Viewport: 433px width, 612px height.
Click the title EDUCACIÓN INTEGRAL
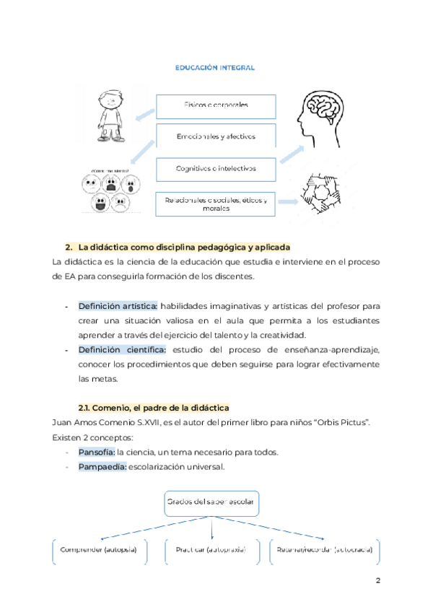click(214, 67)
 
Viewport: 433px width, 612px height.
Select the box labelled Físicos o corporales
click(216, 106)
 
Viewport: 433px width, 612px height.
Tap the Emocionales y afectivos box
click(216, 136)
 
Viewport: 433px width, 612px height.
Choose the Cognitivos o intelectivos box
click(216, 168)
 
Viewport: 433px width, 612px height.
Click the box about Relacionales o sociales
click(216, 204)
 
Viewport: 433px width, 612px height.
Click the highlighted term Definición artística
click(118, 306)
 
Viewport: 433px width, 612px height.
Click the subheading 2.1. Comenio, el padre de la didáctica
click(153, 408)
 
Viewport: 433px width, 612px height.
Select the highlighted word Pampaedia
click(102, 467)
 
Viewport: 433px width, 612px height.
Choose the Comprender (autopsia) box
click(100, 550)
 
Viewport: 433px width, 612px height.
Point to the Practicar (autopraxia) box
click(210, 550)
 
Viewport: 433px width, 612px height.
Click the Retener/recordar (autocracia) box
click(324, 550)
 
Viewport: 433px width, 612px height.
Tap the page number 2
click(377, 581)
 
